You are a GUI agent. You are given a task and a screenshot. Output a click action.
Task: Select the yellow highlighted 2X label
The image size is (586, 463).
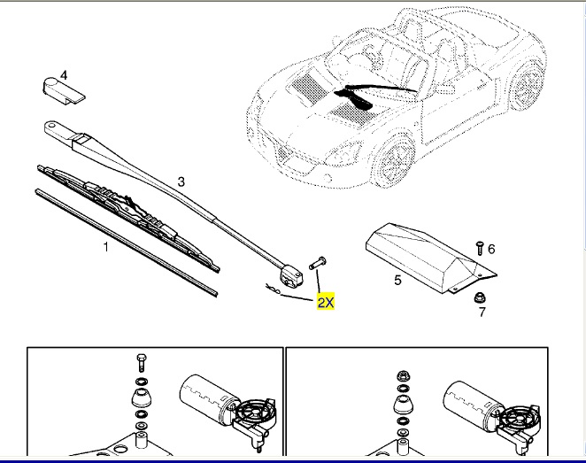click(x=326, y=302)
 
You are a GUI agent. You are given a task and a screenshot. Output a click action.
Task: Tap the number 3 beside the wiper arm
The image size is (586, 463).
click(x=181, y=181)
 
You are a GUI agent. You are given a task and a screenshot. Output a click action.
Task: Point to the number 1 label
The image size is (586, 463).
click(x=105, y=247)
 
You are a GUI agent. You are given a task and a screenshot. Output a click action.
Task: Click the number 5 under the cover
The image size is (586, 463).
click(x=397, y=281)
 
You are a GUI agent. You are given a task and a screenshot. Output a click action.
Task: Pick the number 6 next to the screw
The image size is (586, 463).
click(x=491, y=249)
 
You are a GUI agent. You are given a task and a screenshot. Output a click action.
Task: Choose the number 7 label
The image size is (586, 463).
click(x=482, y=313)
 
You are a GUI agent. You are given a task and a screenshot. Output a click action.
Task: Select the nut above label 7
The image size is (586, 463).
click(x=479, y=296)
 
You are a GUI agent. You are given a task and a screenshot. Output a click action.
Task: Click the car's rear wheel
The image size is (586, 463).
click(x=529, y=89)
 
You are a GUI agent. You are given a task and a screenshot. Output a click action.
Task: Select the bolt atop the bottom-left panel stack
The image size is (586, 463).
click(x=140, y=362)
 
